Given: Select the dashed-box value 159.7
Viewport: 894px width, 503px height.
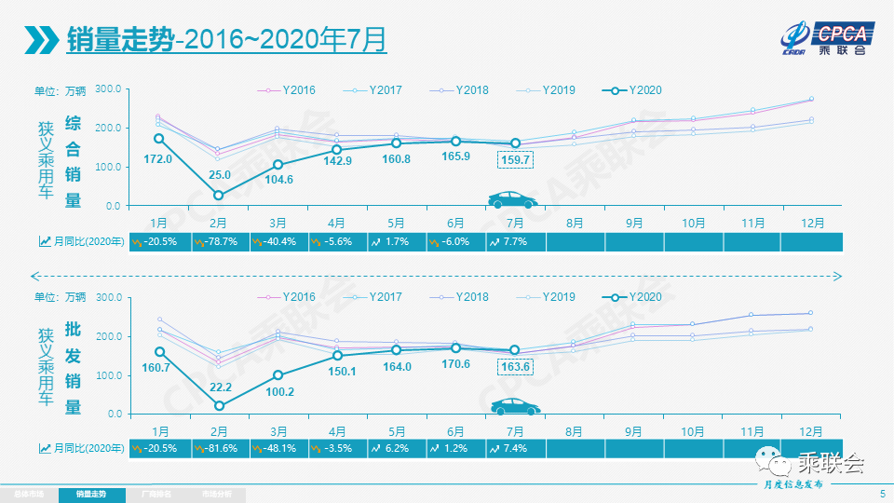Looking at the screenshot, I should [514, 160].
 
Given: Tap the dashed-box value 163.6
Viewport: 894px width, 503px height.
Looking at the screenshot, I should [514, 367].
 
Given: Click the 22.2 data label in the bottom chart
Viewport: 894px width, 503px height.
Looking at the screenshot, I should [219, 387].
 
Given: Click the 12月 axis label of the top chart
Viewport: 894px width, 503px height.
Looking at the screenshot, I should [811, 224].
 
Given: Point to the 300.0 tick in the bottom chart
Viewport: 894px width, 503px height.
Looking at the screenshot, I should [109, 297].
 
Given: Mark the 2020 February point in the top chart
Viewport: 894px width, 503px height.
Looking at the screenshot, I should [219, 195].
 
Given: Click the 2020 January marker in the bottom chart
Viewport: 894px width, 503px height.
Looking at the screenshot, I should [159, 352].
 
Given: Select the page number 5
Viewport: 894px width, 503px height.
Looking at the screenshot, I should [882, 494].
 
